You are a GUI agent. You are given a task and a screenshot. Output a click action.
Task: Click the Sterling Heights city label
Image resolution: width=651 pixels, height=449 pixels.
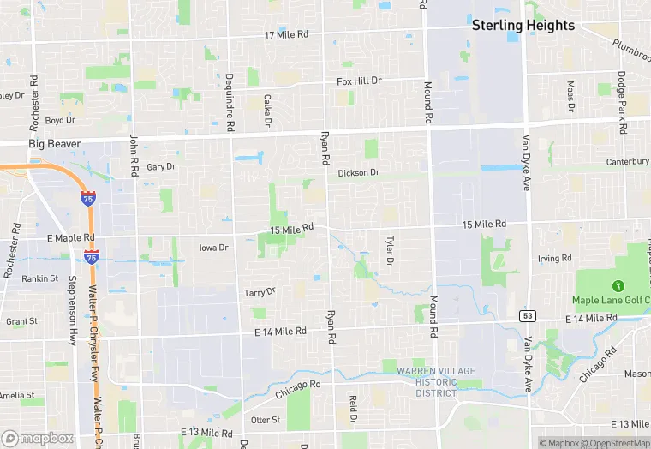[x=523, y=26]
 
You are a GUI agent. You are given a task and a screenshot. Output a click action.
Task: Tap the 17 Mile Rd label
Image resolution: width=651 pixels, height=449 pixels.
[x=287, y=35]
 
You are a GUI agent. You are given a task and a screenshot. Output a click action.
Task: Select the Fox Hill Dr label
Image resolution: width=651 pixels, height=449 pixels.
[x=359, y=81]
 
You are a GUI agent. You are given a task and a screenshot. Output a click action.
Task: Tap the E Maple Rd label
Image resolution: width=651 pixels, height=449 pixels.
[x=70, y=237]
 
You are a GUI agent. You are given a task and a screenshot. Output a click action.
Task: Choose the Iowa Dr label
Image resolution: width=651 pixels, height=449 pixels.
[x=213, y=248]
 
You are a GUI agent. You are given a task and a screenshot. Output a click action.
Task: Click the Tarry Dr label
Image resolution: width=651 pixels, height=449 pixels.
[x=260, y=292]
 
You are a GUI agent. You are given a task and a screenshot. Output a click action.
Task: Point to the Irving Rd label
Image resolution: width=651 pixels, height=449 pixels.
[x=554, y=259]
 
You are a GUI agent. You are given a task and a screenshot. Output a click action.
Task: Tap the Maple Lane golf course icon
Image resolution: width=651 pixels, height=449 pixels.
[x=617, y=284]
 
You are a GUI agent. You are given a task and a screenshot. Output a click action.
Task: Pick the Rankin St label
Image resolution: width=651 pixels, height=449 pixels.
[x=39, y=278]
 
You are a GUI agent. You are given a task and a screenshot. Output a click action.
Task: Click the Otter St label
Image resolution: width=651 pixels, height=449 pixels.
[x=265, y=420]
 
